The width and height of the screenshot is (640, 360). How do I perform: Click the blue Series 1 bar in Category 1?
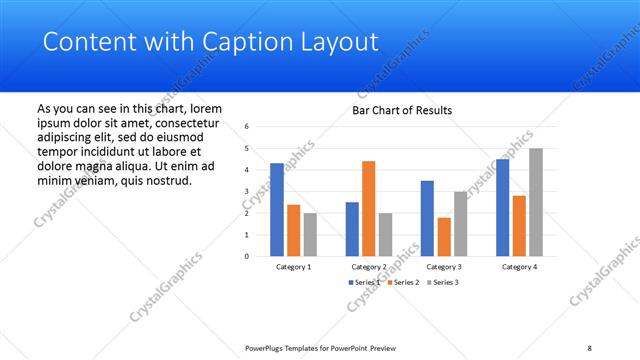[277, 209]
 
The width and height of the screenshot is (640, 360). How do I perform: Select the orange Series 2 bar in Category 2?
[368, 208]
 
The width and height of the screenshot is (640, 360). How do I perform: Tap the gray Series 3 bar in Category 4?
[536, 202]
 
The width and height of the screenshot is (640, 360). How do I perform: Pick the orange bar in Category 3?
[444, 236]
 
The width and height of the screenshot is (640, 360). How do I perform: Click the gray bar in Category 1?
[310, 234]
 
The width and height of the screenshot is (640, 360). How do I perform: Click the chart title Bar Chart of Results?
[403, 110]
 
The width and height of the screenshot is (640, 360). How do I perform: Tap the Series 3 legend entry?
[446, 283]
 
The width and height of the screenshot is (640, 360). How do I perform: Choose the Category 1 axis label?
[293, 267]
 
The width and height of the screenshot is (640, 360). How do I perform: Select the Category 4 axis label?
[518, 267]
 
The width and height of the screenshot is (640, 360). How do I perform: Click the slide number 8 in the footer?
[589, 347]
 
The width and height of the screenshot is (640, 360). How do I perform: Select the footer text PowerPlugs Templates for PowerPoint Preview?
[320, 347]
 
